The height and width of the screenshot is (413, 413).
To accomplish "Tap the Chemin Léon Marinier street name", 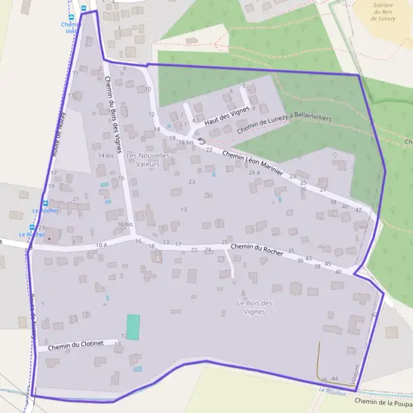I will pos(254,165).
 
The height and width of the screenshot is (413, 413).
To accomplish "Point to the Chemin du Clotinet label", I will pos(75,346).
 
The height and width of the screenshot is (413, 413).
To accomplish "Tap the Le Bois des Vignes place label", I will pos(255,308).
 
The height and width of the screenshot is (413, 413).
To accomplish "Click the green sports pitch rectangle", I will pos(133,326).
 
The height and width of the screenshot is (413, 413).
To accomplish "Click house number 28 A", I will pos(255,173).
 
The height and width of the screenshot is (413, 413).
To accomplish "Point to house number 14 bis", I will pos(105,156).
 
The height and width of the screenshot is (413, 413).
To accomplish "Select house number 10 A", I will pos(102,244).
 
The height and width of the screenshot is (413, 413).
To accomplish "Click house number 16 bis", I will pos(125,224).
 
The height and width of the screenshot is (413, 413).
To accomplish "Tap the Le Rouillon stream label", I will pos(332,390).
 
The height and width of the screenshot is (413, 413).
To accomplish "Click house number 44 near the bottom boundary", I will pos(335,379).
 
